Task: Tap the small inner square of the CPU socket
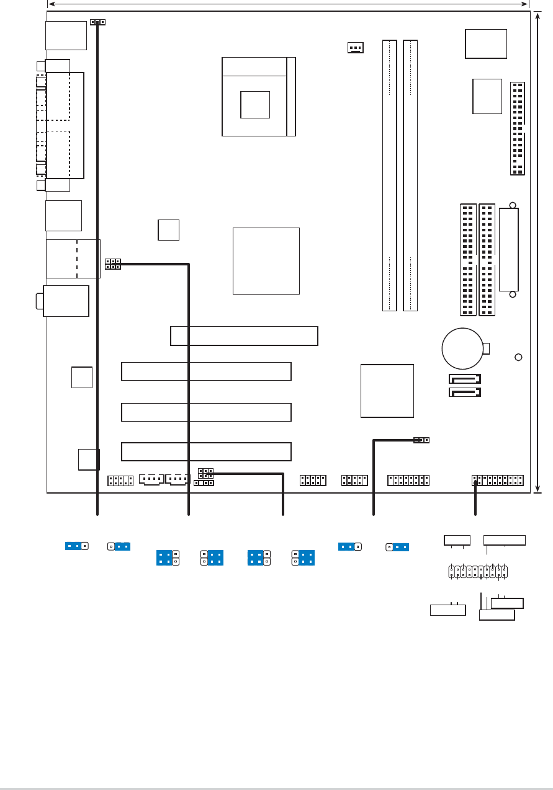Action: coord(255,104)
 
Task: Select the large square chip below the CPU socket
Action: coord(266,260)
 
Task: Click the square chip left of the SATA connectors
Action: coord(387,391)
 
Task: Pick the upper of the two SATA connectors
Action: coord(465,378)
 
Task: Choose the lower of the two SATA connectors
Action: coord(465,392)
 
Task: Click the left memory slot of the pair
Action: coord(389,175)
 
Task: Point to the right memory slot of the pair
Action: coord(410,175)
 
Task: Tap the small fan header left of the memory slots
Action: coord(356,47)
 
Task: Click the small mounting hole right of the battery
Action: coord(519,357)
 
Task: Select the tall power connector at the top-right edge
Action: coord(517,128)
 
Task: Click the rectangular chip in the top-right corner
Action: coord(485,43)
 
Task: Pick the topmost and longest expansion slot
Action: coord(244,335)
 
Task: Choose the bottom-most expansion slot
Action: coord(206,451)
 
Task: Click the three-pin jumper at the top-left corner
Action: coord(97,22)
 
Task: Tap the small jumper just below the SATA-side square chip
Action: coord(421,440)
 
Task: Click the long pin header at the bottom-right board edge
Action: coord(498,481)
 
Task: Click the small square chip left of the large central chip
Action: coord(168,229)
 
